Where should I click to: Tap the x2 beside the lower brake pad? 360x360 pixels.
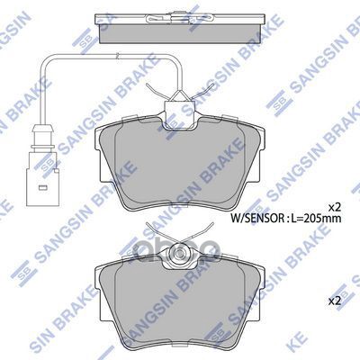click(333, 299)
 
